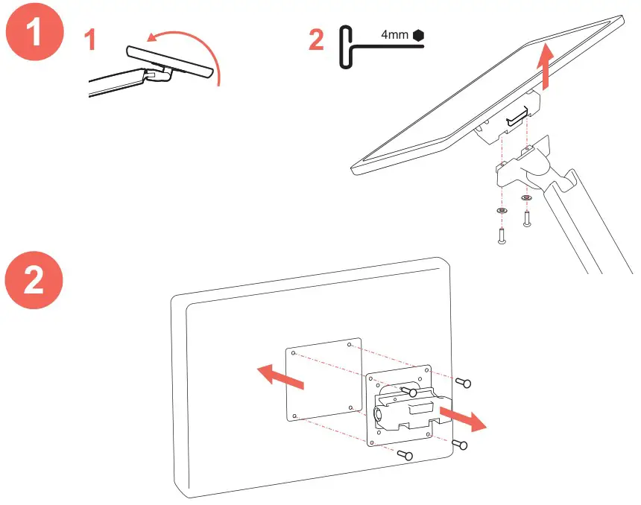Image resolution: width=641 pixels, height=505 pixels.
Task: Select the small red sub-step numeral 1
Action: (x=89, y=39)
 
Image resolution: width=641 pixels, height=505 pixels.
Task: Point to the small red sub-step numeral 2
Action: (x=317, y=39)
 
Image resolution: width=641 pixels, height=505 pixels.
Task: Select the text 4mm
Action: (x=394, y=35)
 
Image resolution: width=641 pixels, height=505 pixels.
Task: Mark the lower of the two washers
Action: (x=502, y=211)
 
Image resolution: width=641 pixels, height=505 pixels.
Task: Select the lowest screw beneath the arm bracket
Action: (x=502, y=236)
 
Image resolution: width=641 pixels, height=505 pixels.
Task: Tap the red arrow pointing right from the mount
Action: (x=462, y=417)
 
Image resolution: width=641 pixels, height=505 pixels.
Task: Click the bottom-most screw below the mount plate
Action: (x=405, y=454)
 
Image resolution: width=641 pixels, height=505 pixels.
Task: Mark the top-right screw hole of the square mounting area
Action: (x=350, y=344)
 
